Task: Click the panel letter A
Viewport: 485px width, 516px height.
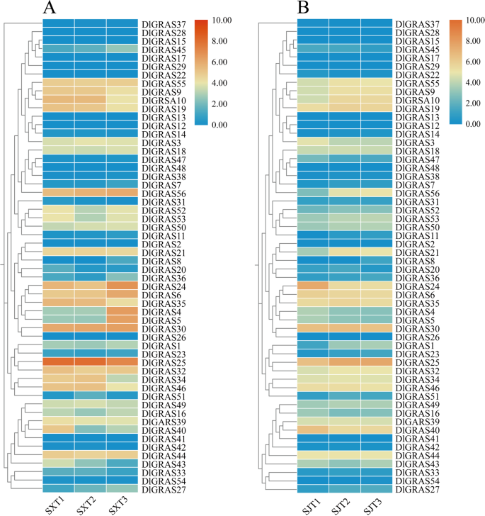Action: coord(50,9)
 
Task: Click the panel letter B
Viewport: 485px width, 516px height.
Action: coord(304,9)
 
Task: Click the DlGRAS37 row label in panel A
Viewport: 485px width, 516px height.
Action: coord(165,25)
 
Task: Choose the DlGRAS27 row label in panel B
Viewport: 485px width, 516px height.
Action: coord(420,489)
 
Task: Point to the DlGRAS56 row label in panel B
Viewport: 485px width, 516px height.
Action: coord(420,193)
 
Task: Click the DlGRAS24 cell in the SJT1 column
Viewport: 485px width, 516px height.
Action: coord(312,286)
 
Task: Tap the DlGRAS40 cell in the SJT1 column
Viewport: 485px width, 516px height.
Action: coord(312,430)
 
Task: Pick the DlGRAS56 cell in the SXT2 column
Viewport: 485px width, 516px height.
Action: coord(90,193)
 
